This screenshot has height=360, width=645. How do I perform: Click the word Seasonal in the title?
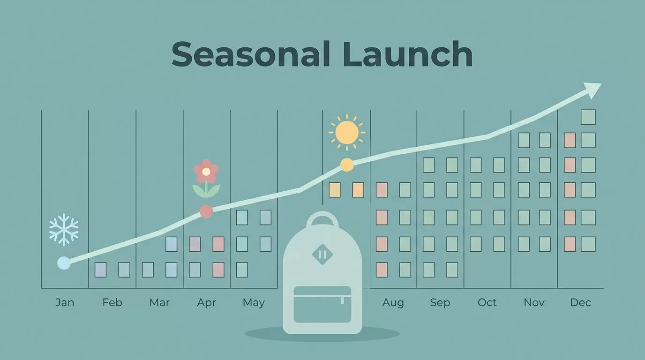click(250, 54)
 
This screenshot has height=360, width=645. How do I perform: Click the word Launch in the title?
click(407, 54)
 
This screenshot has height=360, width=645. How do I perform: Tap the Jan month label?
click(65, 302)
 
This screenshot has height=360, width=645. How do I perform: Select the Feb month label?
click(112, 302)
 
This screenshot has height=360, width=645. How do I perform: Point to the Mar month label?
click(159, 302)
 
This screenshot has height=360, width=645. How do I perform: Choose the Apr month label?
click(206, 303)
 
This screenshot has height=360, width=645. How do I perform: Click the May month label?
click(254, 303)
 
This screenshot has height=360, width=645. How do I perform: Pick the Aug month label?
click(393, 303)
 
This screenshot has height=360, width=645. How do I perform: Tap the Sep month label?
click(440, 303)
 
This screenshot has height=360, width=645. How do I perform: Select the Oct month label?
click(487, 302)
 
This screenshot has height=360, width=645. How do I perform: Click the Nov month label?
click(534, 302)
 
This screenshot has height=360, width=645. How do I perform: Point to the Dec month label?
click(581, 302)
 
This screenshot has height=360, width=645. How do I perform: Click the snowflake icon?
click(64, 230)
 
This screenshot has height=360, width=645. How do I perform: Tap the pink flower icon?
click(206, 178)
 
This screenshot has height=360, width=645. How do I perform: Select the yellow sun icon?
click(347, 133)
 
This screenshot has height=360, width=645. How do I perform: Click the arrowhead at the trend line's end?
click(593, 90)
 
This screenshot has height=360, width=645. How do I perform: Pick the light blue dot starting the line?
click(64, 263)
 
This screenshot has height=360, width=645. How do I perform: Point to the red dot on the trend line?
click(206, 212)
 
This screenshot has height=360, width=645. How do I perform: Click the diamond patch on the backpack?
click(322, 255)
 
